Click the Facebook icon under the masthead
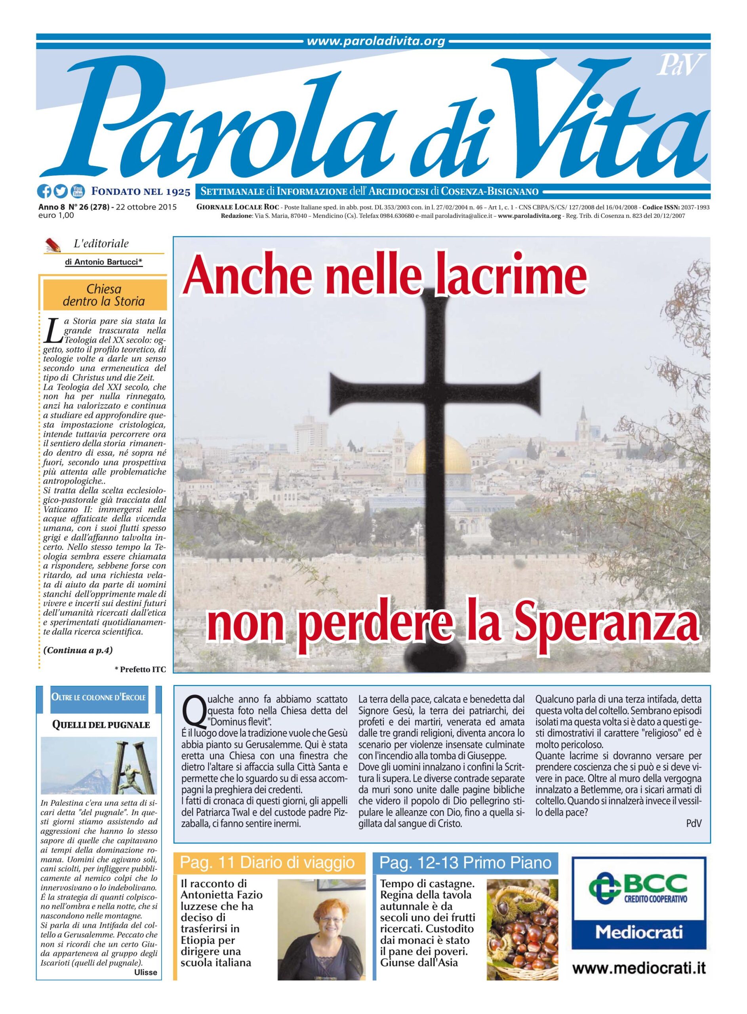point(44,192)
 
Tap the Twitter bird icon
point(61,192)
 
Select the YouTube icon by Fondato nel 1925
point(77,192)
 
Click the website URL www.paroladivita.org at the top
point(376,42)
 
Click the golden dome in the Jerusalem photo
point(438,457)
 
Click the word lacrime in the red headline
point(510,275)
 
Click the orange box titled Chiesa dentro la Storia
point(105,295)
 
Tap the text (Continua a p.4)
point(78,650)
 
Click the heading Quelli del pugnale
point(101,725)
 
